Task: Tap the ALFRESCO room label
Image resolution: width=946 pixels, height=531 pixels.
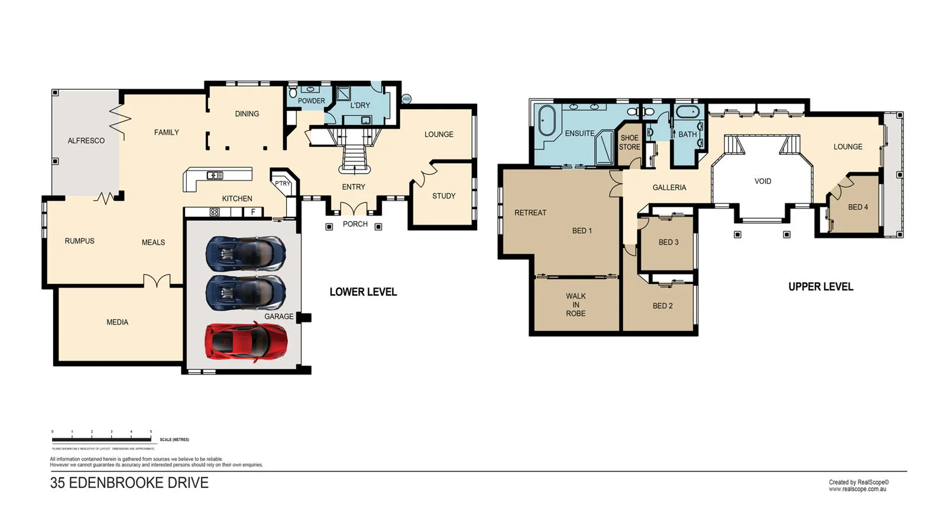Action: [x=86, y=141]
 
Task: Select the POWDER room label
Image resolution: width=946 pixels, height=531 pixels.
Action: [x=311, y=101]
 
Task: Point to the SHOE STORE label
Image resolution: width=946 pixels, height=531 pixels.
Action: [x=629, y=142]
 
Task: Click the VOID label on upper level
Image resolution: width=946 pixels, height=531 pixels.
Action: [x=762, y=181]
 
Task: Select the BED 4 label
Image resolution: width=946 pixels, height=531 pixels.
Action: [x=857, y=207]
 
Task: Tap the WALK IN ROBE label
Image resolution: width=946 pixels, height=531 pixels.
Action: [x=575, y=305]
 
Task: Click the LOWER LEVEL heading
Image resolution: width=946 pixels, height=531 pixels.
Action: [x=363, y=292]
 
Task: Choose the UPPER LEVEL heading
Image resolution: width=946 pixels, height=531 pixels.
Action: [x=820, y=287]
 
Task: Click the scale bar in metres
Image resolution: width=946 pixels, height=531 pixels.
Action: [x=101, y=439]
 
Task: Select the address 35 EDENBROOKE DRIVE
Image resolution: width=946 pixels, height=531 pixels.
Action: [x=129, y=483]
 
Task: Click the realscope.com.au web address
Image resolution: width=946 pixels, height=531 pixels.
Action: [x=857, y=489]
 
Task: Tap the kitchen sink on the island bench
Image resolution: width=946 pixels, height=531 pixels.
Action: [x=215, y=175]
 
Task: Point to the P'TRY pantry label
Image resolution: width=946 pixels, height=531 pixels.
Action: [x=282, y=184]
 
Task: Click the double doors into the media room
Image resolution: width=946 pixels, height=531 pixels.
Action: [x=157, y=282]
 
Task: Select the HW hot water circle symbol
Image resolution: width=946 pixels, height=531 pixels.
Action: [x=406, y=99]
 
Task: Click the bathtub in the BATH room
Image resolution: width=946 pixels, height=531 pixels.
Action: [x=687, y=112]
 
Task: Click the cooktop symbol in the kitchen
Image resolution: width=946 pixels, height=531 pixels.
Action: [x=215, y=212]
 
